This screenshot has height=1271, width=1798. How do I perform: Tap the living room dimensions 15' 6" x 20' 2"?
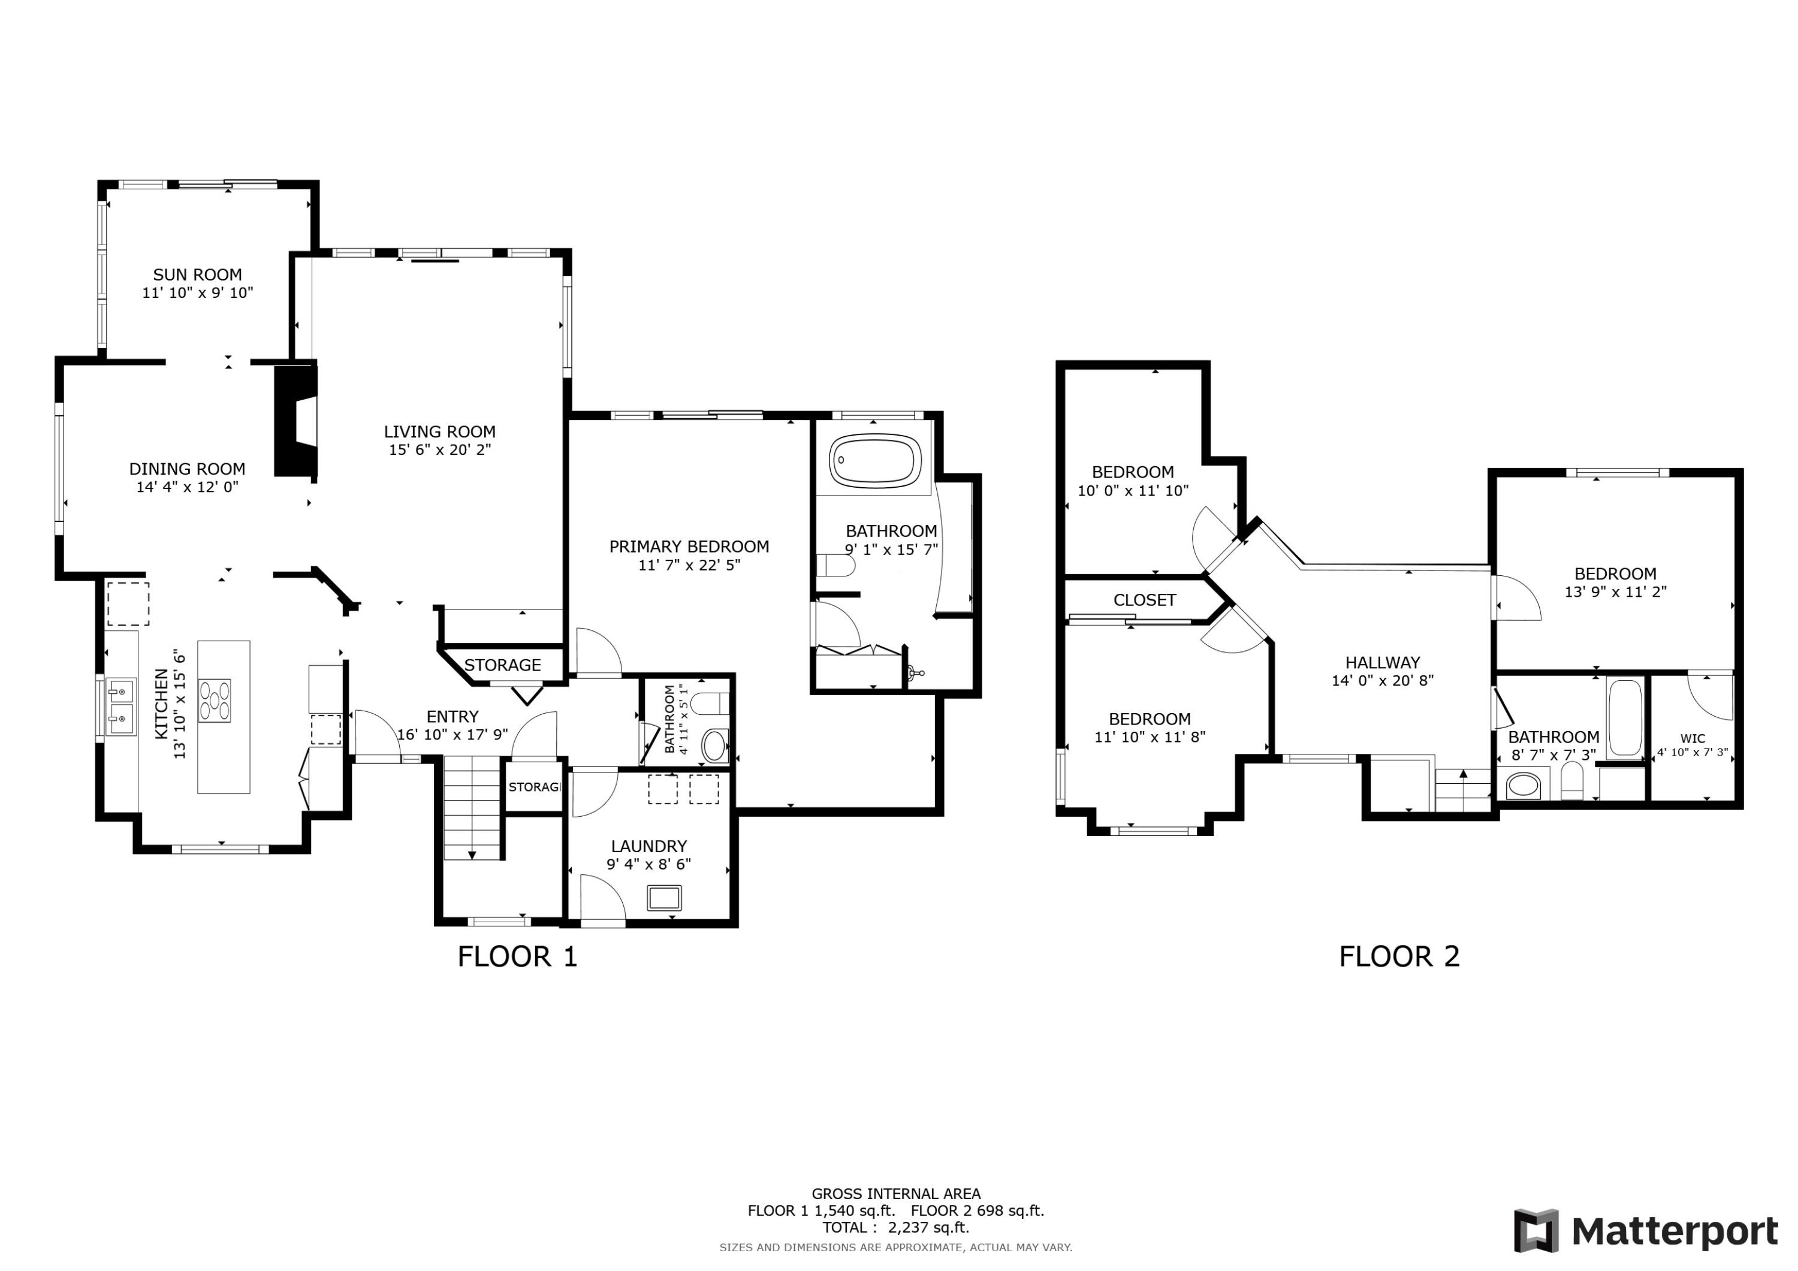pyautogui.click(x=439, y=449)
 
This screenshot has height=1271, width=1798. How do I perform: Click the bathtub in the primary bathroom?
pyautogui.click(x=874, y=460)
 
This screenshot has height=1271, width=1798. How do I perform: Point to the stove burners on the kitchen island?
pyautogui.click(x=215, y=700)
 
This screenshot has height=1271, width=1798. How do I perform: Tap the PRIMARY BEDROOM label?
pyautogui.click(x=689, y=547)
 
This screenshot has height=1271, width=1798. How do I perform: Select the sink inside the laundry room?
pyautogui.click(x=664, y=898)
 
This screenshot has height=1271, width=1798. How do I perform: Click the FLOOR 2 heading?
pyautogui.click(x=1399, y=957)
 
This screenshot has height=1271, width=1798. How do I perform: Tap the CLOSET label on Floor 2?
pyautogui.click(x=1144, y=600)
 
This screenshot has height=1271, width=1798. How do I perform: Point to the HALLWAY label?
pyautogui.click(x=1382, y=663)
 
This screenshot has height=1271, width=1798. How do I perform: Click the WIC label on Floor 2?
pyautogui.click(x=1693, y=738)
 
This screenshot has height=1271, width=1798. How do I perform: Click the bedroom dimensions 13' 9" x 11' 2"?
pyautogui.click(x=1615, y=592)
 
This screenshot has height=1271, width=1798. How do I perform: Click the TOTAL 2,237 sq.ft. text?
pyautogui.click(x=895, y=1227)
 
